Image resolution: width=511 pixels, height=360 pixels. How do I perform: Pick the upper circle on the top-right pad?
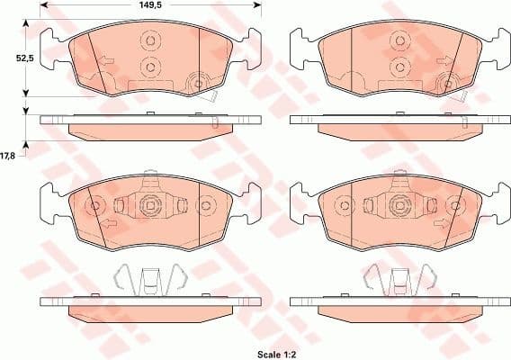(x=397, y=41)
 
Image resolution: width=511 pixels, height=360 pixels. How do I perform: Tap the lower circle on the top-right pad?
(x=397, y=66)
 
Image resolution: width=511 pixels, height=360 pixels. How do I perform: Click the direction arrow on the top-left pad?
(x=106, y=63)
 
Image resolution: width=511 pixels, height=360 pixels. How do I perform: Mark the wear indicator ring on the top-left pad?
(x=195, y=85)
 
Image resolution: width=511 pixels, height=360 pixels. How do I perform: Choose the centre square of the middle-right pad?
(x=397, y=206)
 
